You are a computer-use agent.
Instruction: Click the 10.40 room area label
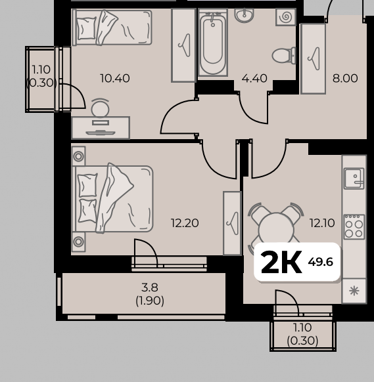pos(115,79)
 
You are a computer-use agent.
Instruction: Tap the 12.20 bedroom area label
pos(185,223)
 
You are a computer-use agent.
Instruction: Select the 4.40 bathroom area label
pos(254,79)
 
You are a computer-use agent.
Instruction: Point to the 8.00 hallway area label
pos(345,79)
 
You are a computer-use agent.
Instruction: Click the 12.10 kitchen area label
pos(322,223)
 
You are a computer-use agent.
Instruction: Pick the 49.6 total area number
pos(320,262)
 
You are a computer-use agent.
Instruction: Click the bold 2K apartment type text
pos(281,263)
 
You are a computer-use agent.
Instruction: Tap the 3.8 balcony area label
pos(150,287)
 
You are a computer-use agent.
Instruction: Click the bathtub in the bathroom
pos(213,43)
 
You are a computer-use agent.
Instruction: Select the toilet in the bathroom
pos(284,56)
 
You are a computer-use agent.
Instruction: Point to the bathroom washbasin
pos(244,14)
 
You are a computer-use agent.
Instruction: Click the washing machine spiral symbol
pos(286,17)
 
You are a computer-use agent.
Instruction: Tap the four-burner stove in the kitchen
pos(354,227)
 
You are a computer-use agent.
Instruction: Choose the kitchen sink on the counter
pos(354,179)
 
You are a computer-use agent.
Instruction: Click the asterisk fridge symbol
pos(354,291)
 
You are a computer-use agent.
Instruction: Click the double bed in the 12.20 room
pos(112,199)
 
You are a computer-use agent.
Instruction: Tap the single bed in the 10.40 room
pos(112,28)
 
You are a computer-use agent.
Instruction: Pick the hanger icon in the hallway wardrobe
pos(314,58)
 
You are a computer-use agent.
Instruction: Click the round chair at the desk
pos(101,108)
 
